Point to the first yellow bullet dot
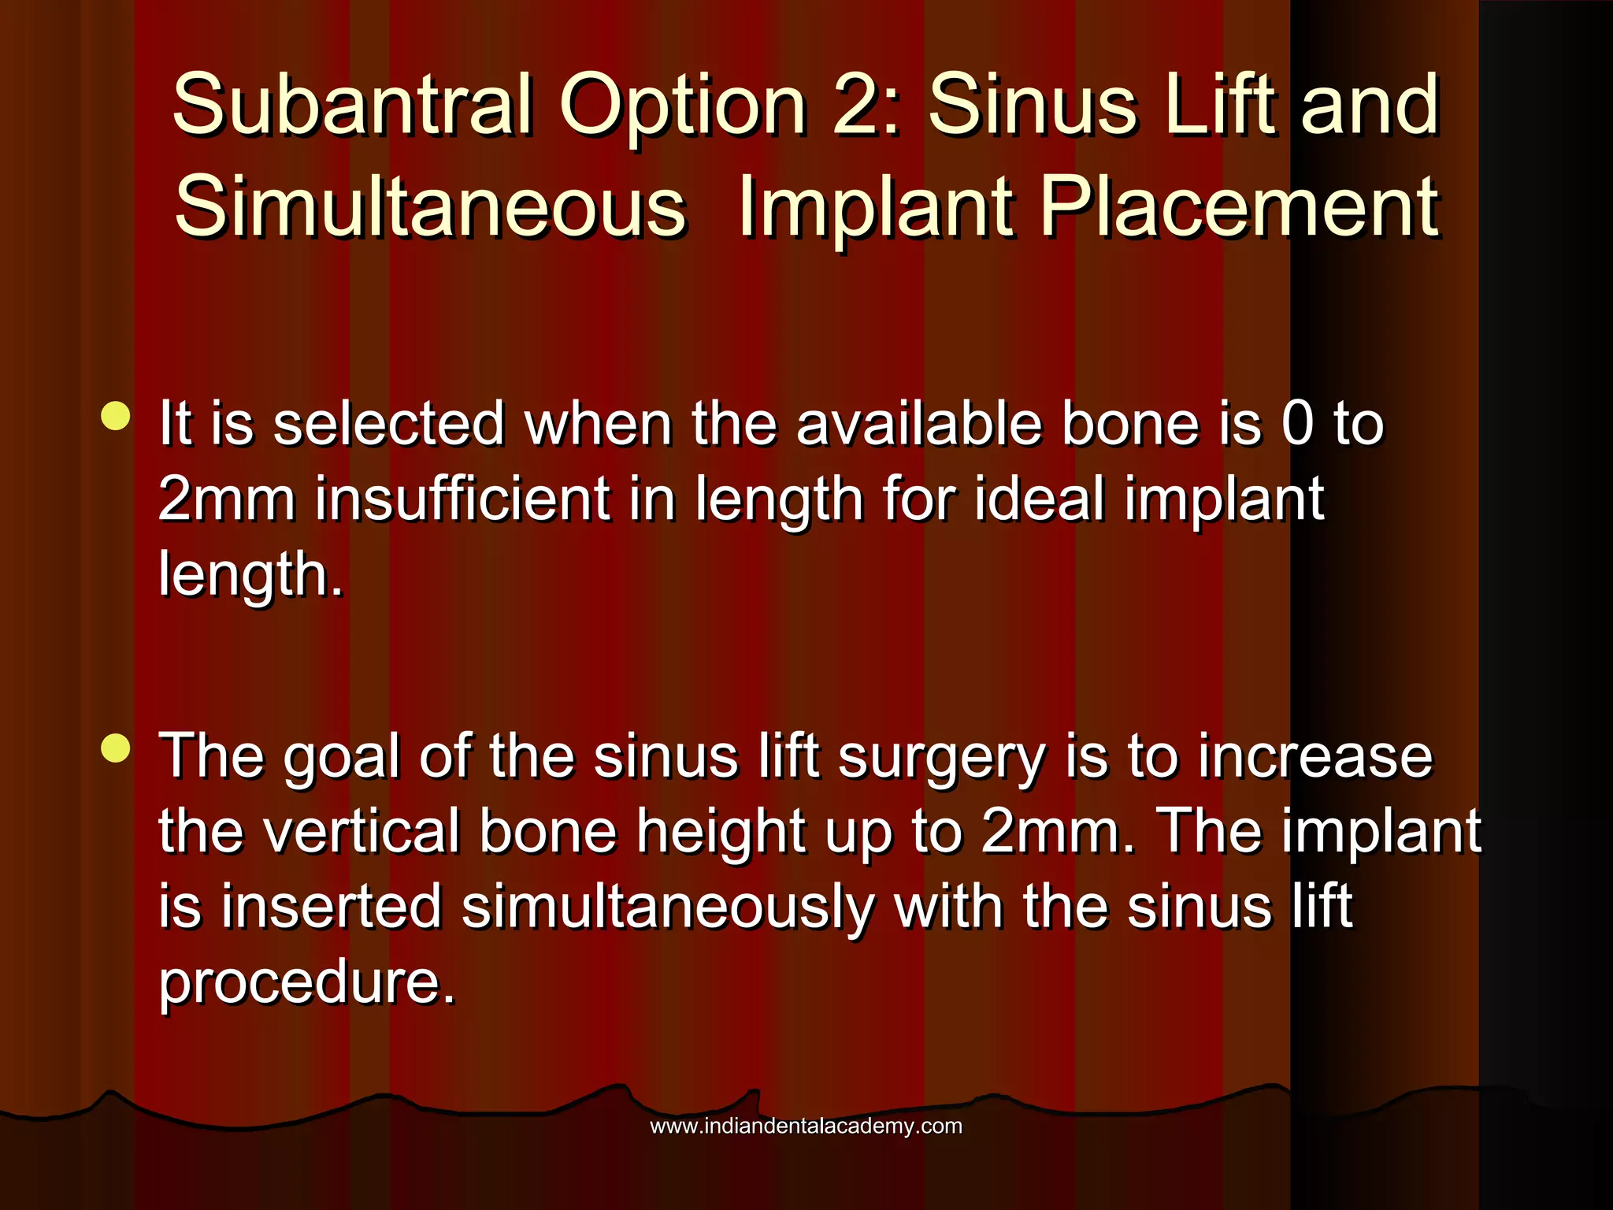point(116,416)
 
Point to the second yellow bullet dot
point(116,748)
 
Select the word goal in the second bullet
point(342,758)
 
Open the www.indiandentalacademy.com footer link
point(806,1126)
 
